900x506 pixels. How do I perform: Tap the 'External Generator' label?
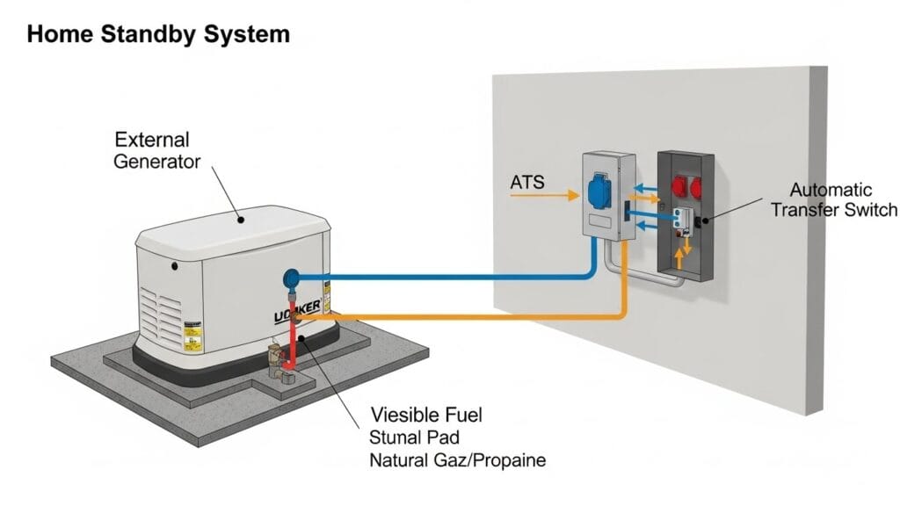click(x=157, y=150)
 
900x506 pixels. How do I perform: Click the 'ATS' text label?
click(x=526, y=183)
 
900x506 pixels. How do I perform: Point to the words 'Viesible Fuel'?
click(x=427, y=415)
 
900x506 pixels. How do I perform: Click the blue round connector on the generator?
click(x=290, y=278)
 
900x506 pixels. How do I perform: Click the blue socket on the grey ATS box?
click(x=592, y=187)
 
